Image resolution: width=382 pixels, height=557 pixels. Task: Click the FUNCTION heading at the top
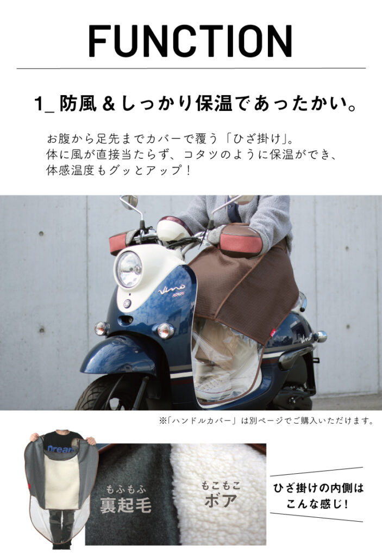coord(191,41)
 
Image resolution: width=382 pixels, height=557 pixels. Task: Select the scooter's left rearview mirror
coord(129,202)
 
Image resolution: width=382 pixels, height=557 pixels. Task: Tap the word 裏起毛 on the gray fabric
coord(126,505)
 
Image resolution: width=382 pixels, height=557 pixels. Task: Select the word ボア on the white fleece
coord(221,500)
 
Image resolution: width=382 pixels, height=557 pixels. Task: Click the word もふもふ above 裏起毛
coord(127,490)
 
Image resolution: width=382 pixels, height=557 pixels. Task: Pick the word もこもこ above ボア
coord(221,485)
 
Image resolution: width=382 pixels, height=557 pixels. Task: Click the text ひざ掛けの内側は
coord(318,488)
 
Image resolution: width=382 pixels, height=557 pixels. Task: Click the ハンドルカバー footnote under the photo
coord(266,421)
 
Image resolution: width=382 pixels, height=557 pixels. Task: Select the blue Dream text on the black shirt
coord(60,449)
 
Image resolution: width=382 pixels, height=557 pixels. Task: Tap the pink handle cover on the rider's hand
coord(241,241)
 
